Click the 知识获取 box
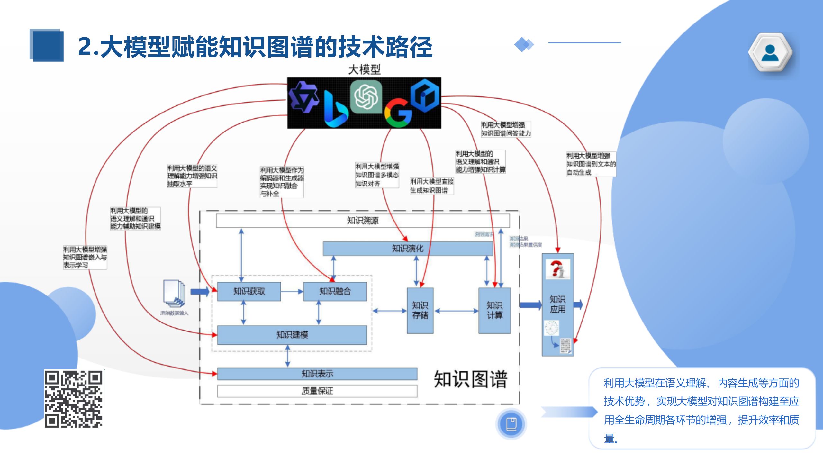249,291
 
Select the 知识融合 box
335,291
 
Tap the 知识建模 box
292,335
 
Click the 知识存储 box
420,310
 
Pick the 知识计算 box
494,310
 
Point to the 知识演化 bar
407,249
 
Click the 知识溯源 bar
363,221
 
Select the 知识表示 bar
317,374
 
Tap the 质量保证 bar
317,391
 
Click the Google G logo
398,113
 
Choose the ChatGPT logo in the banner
366,97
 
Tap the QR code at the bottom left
74,399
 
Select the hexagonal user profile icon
770,52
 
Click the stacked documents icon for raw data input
174,293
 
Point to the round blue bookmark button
511,424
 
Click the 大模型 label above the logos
364,69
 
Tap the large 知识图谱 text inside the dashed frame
470,379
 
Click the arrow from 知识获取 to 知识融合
292,291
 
